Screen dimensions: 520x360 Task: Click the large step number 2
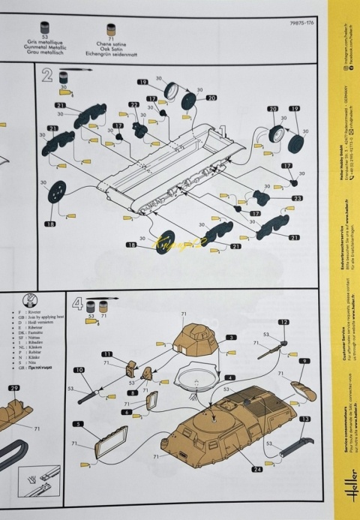point(47,75)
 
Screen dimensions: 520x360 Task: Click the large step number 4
point(76,304)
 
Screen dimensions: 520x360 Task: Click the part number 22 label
point(134,105)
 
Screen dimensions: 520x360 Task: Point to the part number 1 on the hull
point(222,130)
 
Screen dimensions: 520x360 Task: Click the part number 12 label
point(283,322)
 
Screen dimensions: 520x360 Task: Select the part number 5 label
point(78,424)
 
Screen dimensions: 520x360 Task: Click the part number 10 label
point(79,370)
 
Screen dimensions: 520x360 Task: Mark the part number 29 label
point(14,388)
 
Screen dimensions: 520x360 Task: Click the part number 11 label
point(107,353)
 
